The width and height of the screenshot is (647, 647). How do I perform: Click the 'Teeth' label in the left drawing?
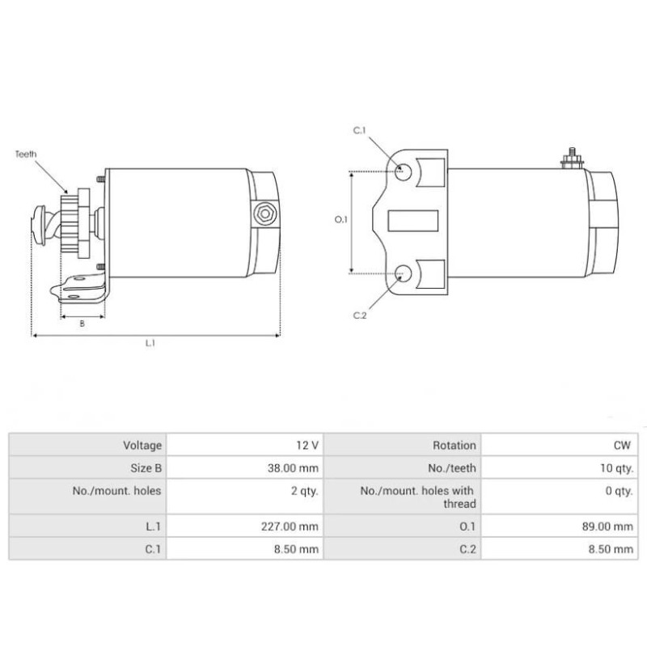pyautogui.click(x=26, y=154)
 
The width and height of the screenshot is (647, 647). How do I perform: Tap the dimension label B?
pyautogui.click(x=82, y=323)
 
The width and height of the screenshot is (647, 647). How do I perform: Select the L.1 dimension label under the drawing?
pyautogui.click(x=150, y=343)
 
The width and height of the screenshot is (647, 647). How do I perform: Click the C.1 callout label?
pyautogui.click(x=360, y=130)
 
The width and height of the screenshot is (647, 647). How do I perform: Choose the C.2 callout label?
pyautogui.click(x=361, y=315)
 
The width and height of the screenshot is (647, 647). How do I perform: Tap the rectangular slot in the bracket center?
pyautogui.click(x=413, y=220)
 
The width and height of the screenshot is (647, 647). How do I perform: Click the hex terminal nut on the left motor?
pyautogui.click(x=263, y=214)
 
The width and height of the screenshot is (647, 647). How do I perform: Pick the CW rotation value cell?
pyautogui.click(x=623, y=445)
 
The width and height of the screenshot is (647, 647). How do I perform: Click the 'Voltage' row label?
pyautogui.click(x=142, y=445)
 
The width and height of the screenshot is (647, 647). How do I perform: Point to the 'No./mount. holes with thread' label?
pyautogui.click(x=417, y=497)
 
